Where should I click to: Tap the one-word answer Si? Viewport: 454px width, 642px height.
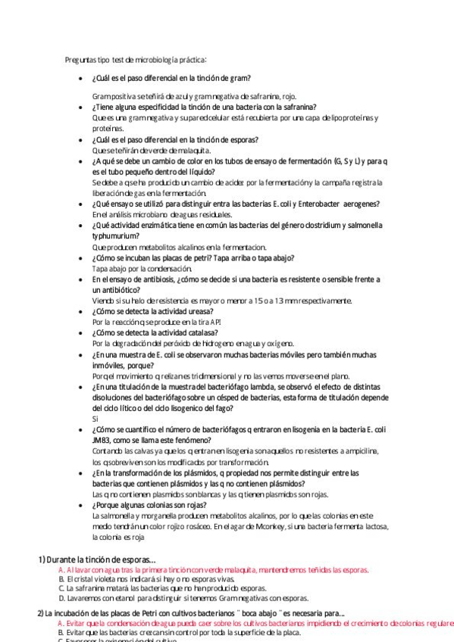pos(95,419)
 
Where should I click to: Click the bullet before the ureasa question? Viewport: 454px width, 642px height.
pos(81,311)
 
